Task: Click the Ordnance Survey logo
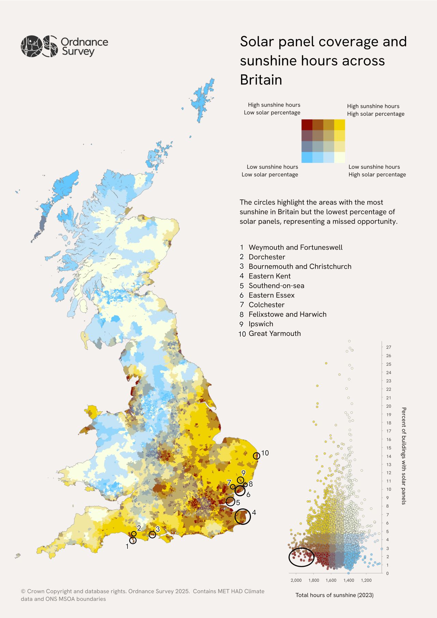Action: coord(64,46)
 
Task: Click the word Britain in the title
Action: coord(261,80)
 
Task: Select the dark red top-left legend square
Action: coord(307,125)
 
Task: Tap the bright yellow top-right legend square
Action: coord(339,125)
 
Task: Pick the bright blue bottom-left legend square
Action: coord(307,157)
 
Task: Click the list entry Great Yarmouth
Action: coord(274,334)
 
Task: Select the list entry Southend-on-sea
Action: coord(276,286)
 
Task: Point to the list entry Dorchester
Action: coord(267,257)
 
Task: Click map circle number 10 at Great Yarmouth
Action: coord(256,456)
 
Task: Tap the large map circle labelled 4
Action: coord(243,517)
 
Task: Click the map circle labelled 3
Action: coord(153,535)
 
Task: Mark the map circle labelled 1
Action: coord(133,540)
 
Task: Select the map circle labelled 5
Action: coord(230,502)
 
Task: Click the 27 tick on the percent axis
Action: coord(389,347)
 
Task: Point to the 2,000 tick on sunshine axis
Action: coord(296,580)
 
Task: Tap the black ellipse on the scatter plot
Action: coord(301,557)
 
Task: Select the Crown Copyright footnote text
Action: coord(142,595)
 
